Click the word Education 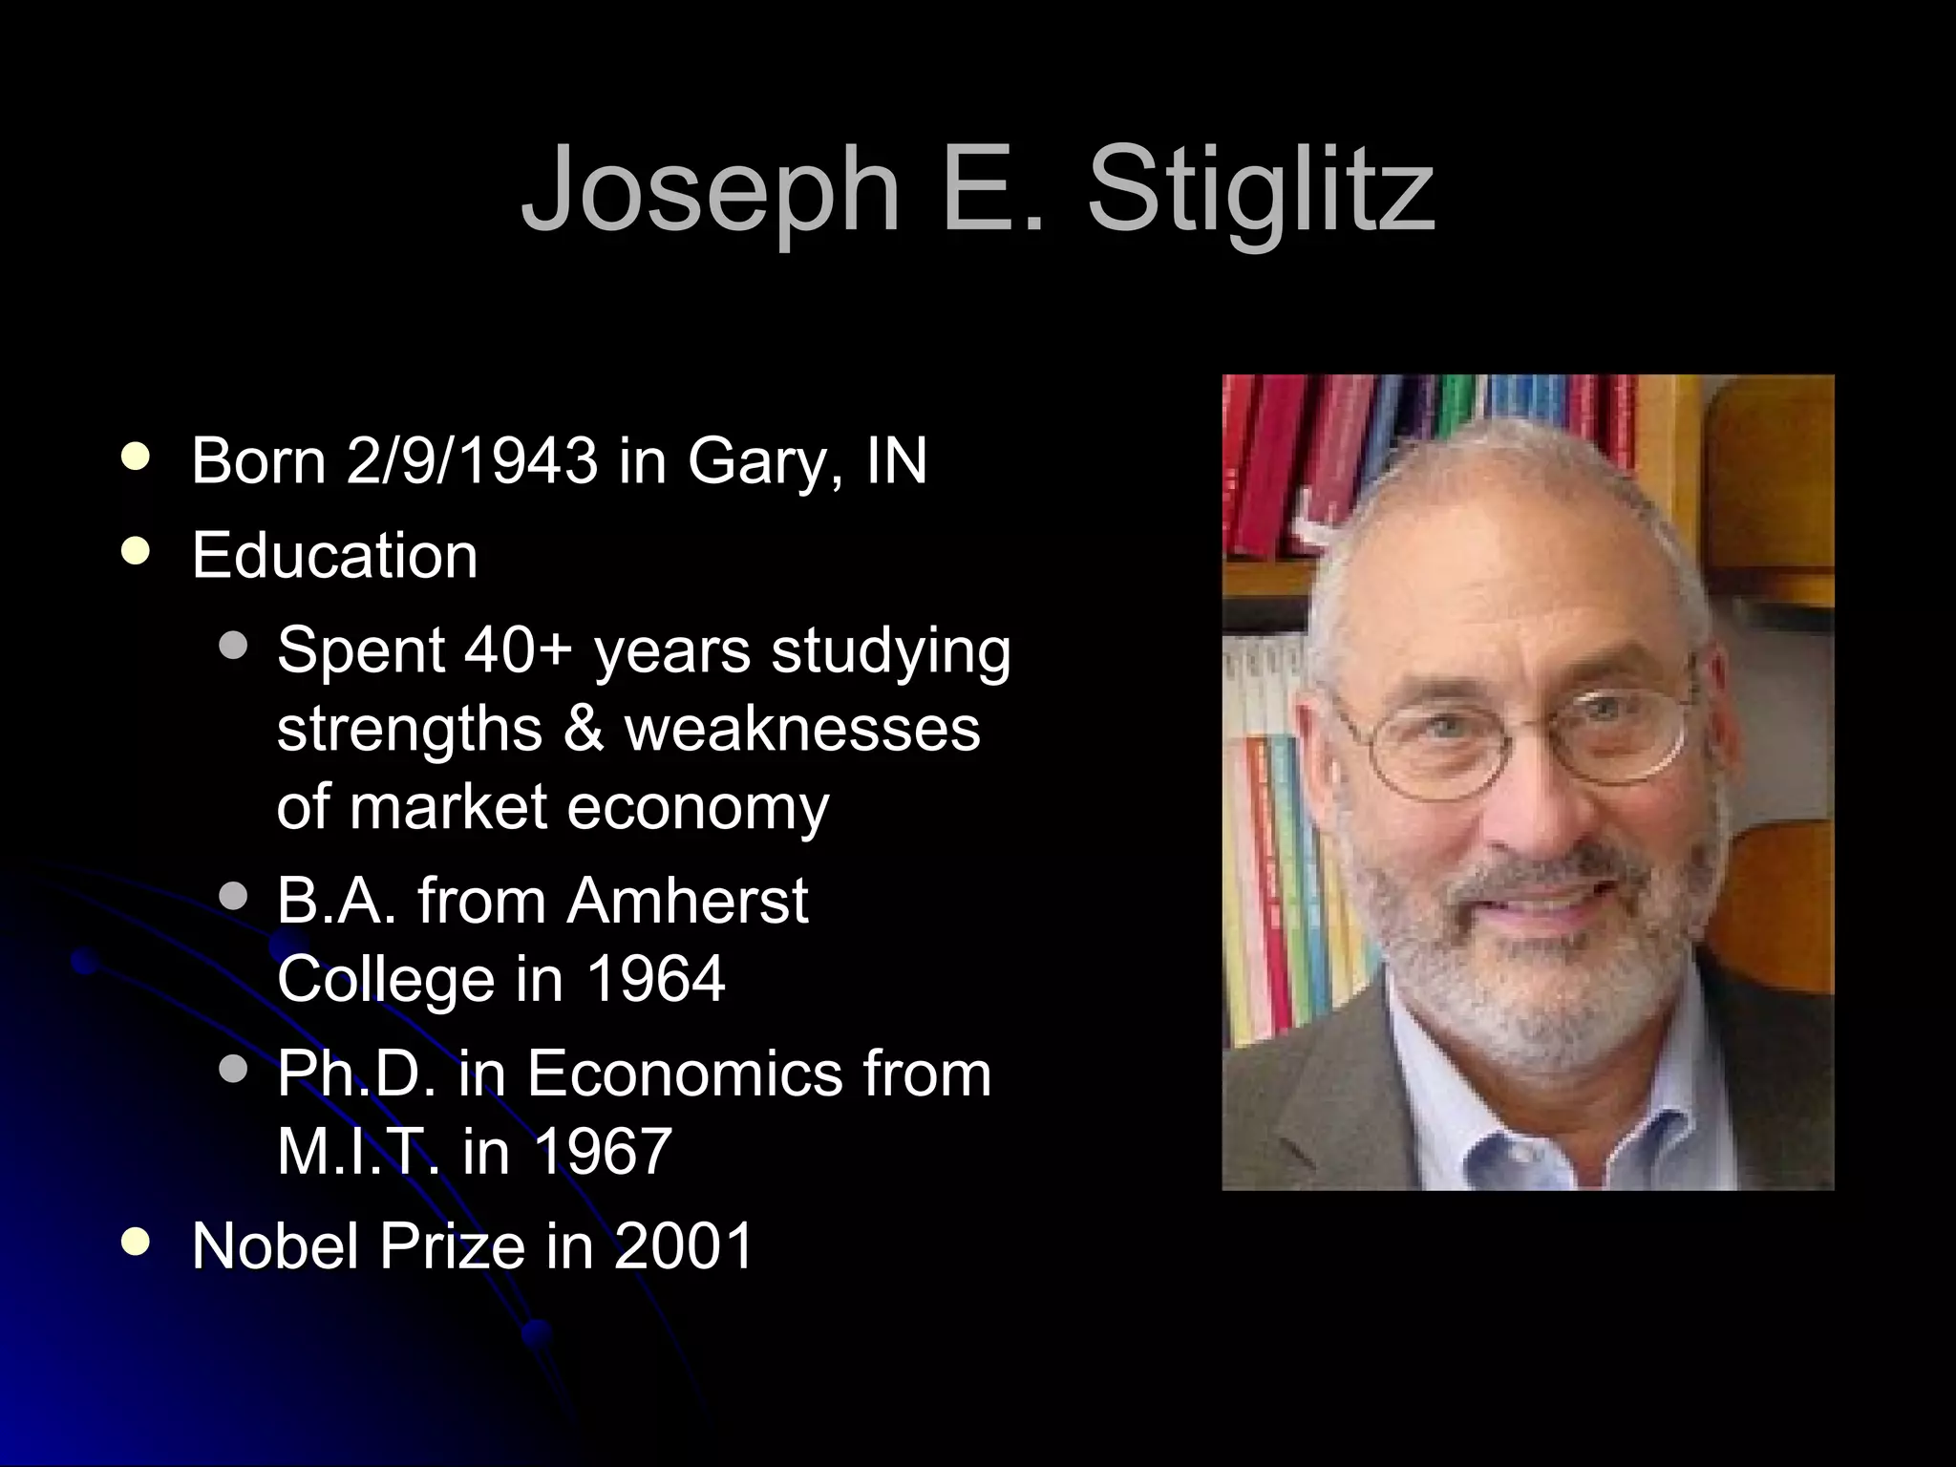334,555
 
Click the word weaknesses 802,729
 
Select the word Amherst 688,901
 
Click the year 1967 603,1151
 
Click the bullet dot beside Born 137,457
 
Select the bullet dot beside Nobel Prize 137,1242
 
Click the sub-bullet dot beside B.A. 232,897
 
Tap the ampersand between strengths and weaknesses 584,729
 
